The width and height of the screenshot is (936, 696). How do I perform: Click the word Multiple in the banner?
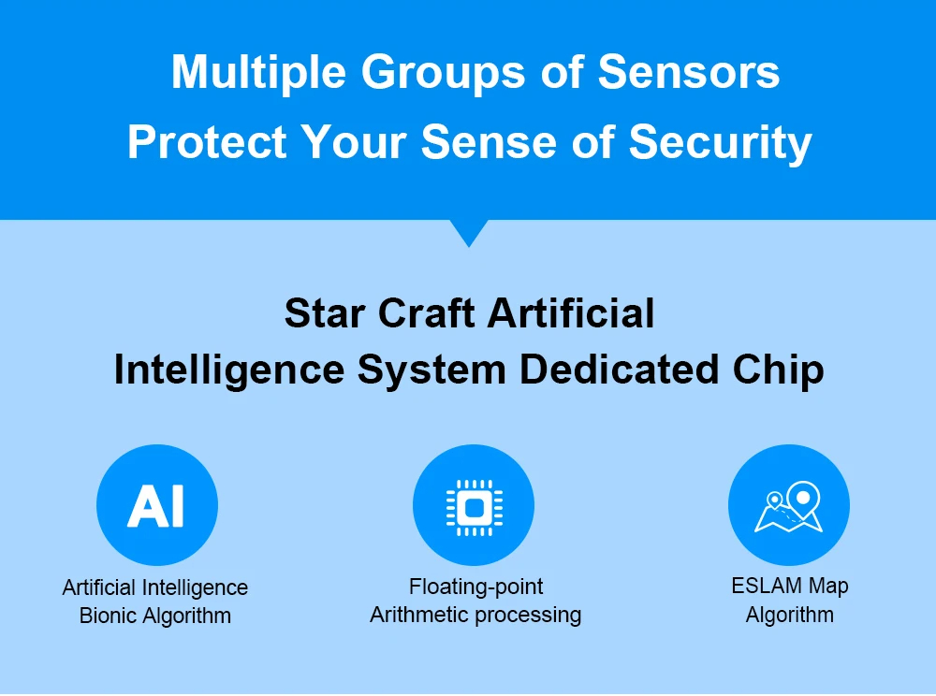(x=258, y=73)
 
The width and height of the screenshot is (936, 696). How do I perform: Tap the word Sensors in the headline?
(x=688, y=72)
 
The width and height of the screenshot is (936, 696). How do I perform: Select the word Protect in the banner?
(x=207, y=142)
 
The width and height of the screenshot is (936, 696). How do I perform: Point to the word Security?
(x=720, y=144)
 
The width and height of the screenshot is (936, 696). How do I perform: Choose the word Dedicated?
(x=619, y=370)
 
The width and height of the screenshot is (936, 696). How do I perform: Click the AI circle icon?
(x=157, y=505)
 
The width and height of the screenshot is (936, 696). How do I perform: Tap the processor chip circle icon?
(x=474, y=505)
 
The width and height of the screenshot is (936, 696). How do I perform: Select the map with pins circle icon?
(x=789, y=505)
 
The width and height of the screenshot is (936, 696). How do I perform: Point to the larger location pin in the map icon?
(x=803, y=500)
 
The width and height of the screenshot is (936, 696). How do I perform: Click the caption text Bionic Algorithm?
(x=155, y=616)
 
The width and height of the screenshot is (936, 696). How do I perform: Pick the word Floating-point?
(x=475, y=587)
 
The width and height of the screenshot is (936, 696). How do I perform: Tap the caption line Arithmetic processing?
(x=475, y=616)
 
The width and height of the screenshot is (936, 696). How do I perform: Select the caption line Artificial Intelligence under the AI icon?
(x=155, y=588)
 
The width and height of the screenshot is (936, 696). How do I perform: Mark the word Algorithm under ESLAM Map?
(x=789, y=615)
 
